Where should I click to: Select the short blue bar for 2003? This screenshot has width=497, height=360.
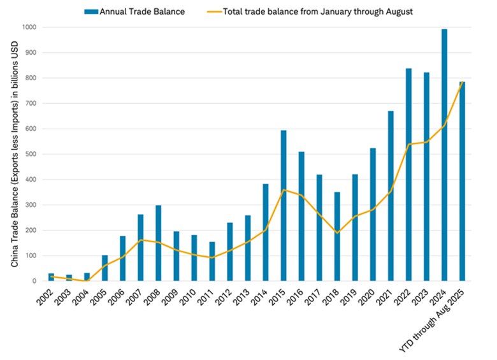point(69,278)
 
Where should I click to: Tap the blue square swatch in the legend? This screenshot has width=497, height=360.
point(90,11)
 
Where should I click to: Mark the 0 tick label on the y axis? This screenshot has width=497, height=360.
point(36,281)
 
